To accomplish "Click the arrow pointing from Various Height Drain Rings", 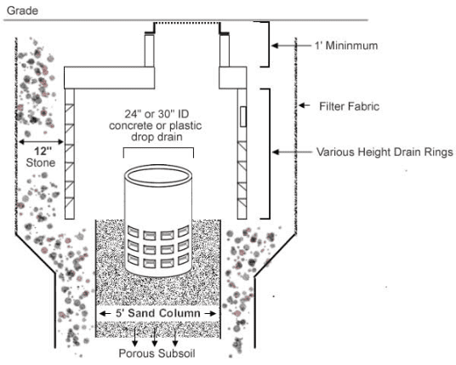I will click(x=289, y=154).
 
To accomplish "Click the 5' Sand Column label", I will click(x=158, y=313).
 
